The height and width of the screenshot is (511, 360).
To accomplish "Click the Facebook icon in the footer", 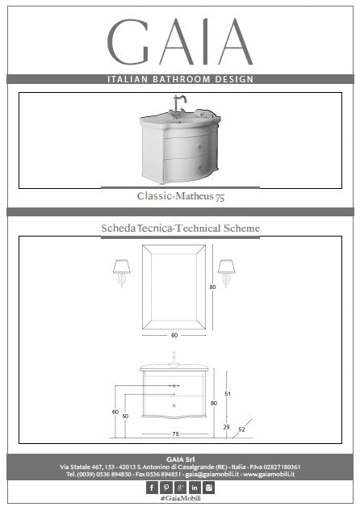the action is [x=152, y=488].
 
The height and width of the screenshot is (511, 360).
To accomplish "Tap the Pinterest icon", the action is [x=166, y=488].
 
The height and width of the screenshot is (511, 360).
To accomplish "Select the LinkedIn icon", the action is [x=195, y=488].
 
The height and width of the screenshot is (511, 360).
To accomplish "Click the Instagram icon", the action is [x=208, y=488].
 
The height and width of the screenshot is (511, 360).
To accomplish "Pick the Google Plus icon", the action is [x=180, y=488].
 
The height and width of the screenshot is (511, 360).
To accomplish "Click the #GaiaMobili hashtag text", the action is [x=181, y=498].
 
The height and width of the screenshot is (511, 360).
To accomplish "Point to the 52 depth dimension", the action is [x=241, y=429].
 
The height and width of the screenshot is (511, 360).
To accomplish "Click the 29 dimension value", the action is [x=227, y=426].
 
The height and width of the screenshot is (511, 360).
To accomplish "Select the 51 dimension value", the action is [x=228, y=394].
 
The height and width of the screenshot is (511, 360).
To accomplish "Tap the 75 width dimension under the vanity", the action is [x=175, y=434].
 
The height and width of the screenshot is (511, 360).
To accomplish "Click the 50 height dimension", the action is [x=125, y=417].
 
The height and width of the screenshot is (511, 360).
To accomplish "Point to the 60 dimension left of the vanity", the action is [x=115, y=412].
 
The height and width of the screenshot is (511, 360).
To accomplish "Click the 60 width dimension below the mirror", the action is [x=174, y=335].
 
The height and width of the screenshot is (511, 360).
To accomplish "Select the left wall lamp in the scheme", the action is [x=122, y=273].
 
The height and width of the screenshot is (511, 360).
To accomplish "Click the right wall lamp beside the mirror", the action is [x=227, y=273].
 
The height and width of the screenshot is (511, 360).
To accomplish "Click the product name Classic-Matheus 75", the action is [x=181, y=196].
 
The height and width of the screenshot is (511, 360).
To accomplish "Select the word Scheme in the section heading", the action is [x=241, y=228].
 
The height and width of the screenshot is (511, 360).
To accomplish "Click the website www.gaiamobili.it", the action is [x=269, y=474].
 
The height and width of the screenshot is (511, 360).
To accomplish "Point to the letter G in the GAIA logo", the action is [x=128, y=41].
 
